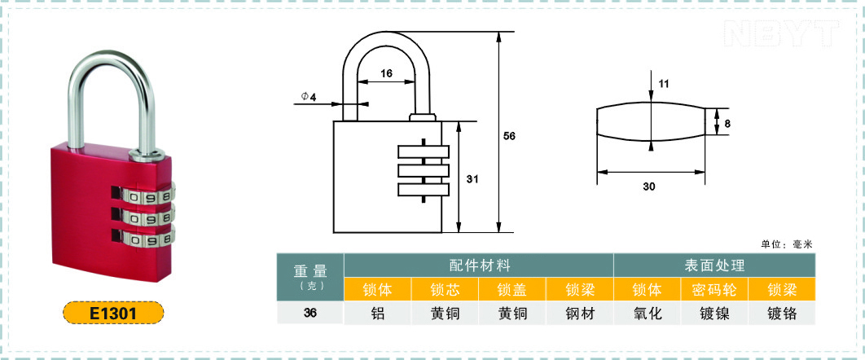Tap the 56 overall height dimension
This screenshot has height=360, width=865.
510,135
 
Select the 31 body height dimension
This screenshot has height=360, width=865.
471,180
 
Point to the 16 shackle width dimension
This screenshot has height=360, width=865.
386,73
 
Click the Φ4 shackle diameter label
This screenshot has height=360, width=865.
309,97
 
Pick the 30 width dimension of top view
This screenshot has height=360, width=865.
649,187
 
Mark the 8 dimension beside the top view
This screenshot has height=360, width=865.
727,123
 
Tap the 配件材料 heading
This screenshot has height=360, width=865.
478,266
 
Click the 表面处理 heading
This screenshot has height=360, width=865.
714,266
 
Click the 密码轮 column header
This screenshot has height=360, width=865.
714,290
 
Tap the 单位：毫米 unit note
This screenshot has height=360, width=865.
787,244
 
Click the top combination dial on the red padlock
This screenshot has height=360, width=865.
147,196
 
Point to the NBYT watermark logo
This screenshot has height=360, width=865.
780,33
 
